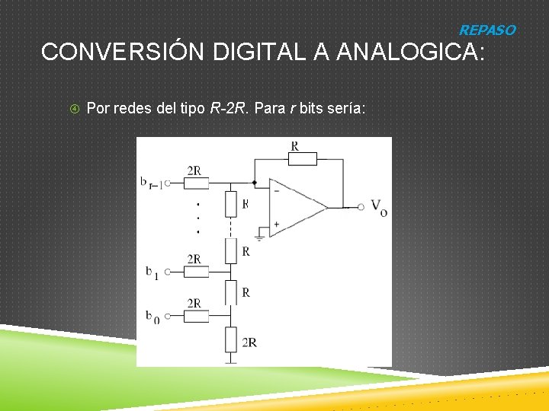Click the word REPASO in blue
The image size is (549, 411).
pyautogui.click(x=486, y=30)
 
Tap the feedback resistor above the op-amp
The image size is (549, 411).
pyautogui.click(x=303, y=158)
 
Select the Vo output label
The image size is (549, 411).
pyautogui.click(x=379, y=206)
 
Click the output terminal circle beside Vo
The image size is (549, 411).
pyautogui.click(x=359, y=206)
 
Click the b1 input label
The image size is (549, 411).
pyautogui.click(x=152, y=272)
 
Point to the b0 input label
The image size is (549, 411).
pyautogui.click(x=152, y=317)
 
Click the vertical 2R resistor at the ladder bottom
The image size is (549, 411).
pyautogui.click(x=231, y=339)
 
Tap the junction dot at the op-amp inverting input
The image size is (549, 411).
pyautogui.click(x=254, y=183)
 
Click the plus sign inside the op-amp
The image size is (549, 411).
pyautogui.click(x=276, y=224)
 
